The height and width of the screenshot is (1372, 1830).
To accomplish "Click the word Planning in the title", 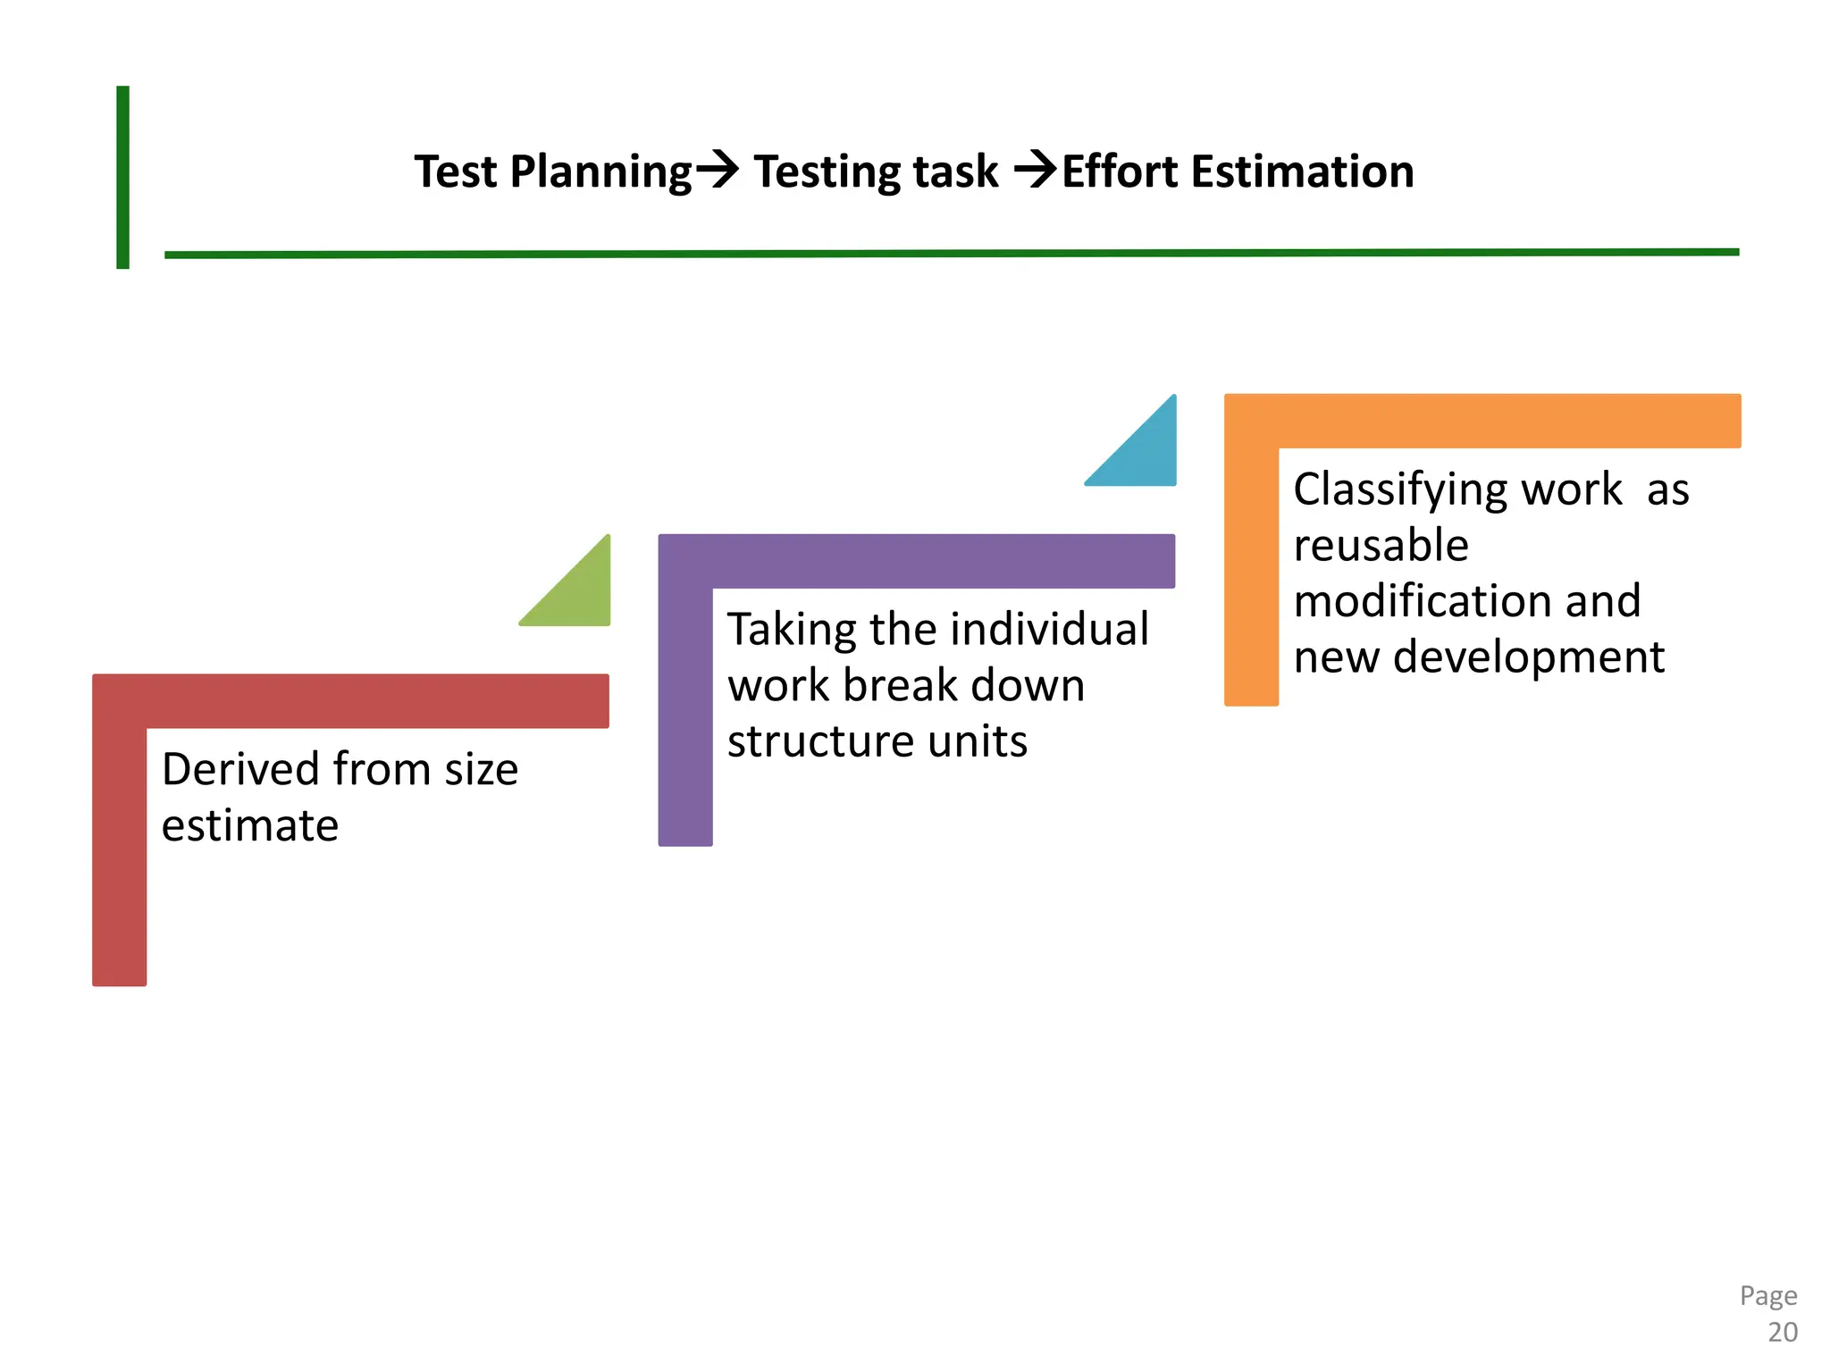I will point(600,172).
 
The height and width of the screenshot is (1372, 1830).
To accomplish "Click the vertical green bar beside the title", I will point(123,177).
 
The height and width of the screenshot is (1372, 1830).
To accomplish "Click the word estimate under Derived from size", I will point(250,825).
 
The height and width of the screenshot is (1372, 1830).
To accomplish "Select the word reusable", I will point(1381,545).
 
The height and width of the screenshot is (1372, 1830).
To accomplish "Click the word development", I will point(1528,657).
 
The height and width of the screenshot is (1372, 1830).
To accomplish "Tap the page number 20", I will point(1782,1332).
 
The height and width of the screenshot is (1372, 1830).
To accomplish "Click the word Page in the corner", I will point(1767,1295).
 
